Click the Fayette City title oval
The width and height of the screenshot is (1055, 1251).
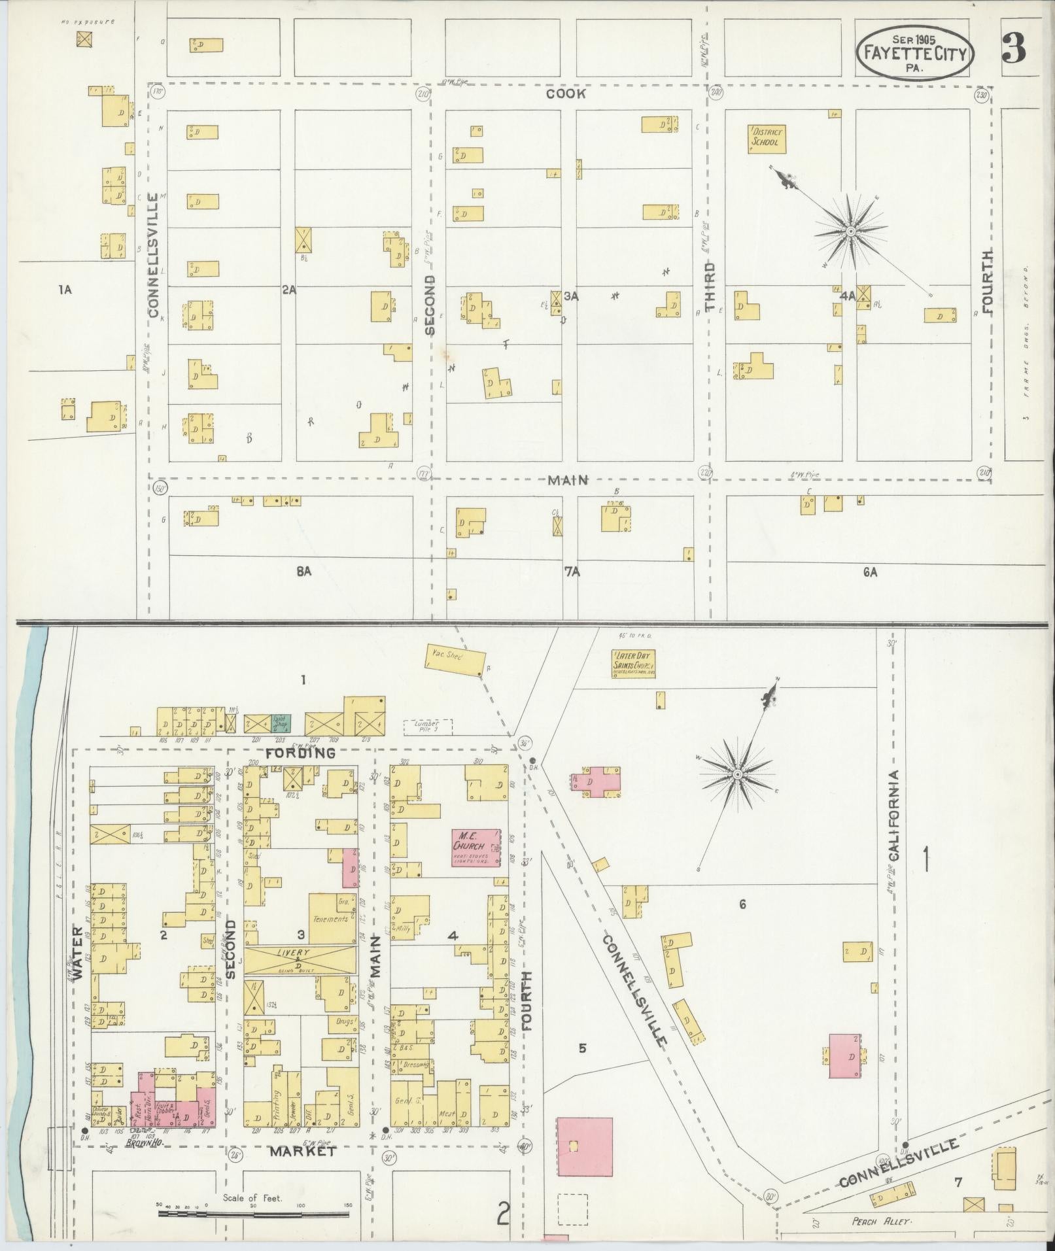pyautogui.click(x=915, y=53)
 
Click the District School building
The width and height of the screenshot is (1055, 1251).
pyautogui.click(x=766, y=138)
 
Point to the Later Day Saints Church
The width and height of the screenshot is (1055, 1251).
pyautogui.click(x=633, y=664)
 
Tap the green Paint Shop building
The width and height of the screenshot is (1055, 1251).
pyautogui.click(x=281, y=723)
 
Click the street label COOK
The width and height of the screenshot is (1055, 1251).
pyautogui.click(x=566, y=94)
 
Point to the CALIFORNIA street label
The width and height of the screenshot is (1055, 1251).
pyautogui.click(x=894, y=815)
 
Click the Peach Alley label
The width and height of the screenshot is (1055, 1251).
pyautogui.click(x=884, y=1221)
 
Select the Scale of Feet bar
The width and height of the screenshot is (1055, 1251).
pyautogui.click(x=254, y=1213)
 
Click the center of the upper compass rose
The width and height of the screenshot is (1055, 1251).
pyautogui.click(x=850, y=231)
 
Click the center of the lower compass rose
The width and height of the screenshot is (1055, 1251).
pyautogui.click(x=738, y=775)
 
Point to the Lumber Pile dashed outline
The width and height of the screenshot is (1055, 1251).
pyautogui.click(x=428, y=727)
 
